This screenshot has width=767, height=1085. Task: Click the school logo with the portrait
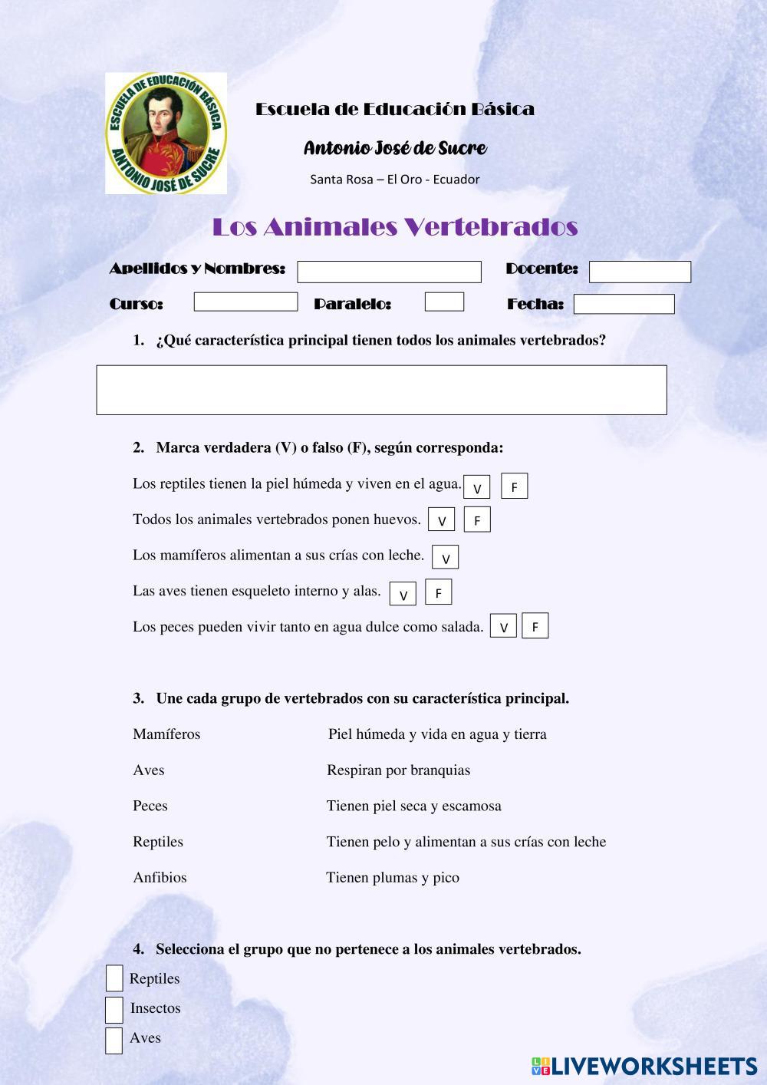[x=166, y=133]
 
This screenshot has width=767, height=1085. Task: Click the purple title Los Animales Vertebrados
[x=394, y=227]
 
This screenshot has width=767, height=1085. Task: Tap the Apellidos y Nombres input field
[x=389, y=272]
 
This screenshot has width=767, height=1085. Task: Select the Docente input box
[x=640, y=272]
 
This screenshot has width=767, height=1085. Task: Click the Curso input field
[x=245, y=302]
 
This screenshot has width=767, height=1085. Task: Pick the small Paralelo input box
[x=444, y=302]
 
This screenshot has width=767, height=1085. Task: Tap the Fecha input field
[x=624, y=304]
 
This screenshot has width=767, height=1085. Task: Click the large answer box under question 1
[x=381, y=390]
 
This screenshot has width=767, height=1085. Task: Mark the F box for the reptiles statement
[x=514, y=486]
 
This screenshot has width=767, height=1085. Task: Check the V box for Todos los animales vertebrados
[x=441, y=520]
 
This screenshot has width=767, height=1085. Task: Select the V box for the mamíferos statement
[x=445, y=558]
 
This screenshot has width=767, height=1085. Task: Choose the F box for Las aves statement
[x=438, y=592]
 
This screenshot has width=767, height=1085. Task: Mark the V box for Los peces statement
[x=503, y=627]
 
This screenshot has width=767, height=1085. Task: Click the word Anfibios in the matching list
[x=160, y=877]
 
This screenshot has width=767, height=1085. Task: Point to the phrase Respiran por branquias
[x=398, y=770]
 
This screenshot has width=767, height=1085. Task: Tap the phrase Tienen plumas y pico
[x=393, y=877]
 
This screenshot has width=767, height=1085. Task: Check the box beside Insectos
[x=114, y=1010]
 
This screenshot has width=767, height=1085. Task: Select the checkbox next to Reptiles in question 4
[x=114, y=978]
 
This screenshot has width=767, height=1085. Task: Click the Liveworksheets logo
[x=644, y=1065]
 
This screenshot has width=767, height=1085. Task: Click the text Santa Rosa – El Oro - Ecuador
[x=394, y=180]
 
